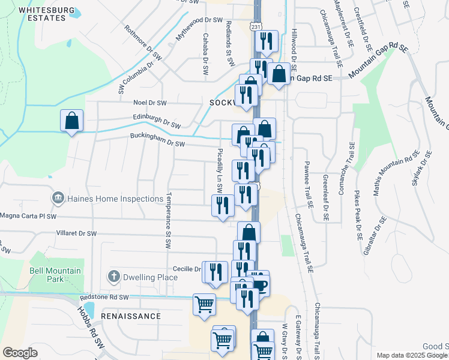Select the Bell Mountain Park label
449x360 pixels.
(x=55, y=275)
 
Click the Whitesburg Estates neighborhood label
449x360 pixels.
(x=41, y=14)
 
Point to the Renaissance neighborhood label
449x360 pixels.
(x=131, y=316)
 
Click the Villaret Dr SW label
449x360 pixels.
(x=76, y=233)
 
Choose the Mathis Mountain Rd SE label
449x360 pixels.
(x=395, y=174)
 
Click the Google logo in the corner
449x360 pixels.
(x=20, y=352)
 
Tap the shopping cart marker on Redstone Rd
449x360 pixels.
(x=204, y=304)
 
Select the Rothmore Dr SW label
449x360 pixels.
(x=143, y=43)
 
